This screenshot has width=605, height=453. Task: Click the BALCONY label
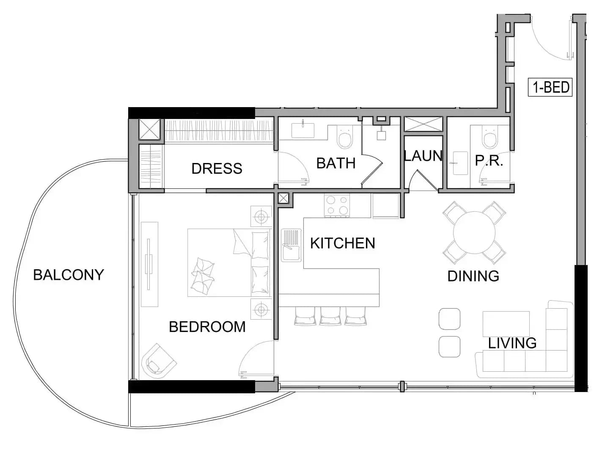point(69,275)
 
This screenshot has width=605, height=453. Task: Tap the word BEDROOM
point(207,327)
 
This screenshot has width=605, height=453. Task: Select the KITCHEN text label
point(343,243)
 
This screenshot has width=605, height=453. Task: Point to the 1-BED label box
point(550,87)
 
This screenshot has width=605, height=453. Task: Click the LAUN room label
point(423,156)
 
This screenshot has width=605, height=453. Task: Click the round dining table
point(474,232)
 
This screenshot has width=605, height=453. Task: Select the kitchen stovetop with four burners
point(337,205)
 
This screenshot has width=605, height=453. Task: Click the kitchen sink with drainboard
point(291,245)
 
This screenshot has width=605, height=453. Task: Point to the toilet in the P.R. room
point(490,137)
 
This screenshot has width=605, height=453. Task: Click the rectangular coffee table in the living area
point(506,324)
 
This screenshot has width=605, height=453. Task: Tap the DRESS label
point(217,168)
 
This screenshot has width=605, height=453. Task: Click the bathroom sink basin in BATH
point(302,130)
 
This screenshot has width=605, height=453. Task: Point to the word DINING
point(473,276)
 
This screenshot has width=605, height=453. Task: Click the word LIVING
point(512,343)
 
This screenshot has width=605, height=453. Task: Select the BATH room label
point(336,163)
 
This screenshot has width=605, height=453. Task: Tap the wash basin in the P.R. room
point(460,163)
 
